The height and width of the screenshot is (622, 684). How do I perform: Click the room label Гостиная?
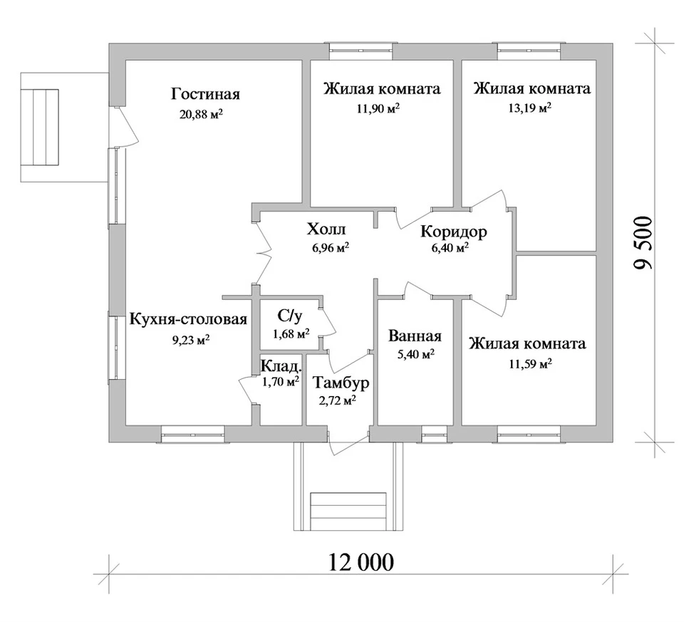tap(205, 94)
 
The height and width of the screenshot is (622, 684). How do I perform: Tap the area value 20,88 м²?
tap(201, 114)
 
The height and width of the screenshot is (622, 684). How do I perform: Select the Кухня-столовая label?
tap(188, 319)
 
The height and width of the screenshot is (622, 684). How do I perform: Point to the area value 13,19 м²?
tap(529, 108)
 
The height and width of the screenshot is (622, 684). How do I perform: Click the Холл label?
tap(327, 229)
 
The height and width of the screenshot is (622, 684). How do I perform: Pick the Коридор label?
tap(454, 231)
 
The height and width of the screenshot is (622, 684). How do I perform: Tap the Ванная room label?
tap(415, 336)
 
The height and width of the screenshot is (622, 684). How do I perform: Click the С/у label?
tap(290, 316)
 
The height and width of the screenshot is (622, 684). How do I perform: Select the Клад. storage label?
tap(281, 366)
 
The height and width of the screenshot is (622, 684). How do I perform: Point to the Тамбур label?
tap(341, 383)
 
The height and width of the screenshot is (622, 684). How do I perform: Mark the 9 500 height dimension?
tap(644, 242)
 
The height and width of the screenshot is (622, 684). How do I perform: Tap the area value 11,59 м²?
tap(530, 363)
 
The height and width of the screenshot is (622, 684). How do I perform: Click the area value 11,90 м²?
tap(378, 108)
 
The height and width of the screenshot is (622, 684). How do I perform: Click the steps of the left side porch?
tap(46, 128)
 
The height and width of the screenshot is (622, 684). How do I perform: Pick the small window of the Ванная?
tap(434, 435)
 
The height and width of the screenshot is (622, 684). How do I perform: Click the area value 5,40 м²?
tap(415, 355)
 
